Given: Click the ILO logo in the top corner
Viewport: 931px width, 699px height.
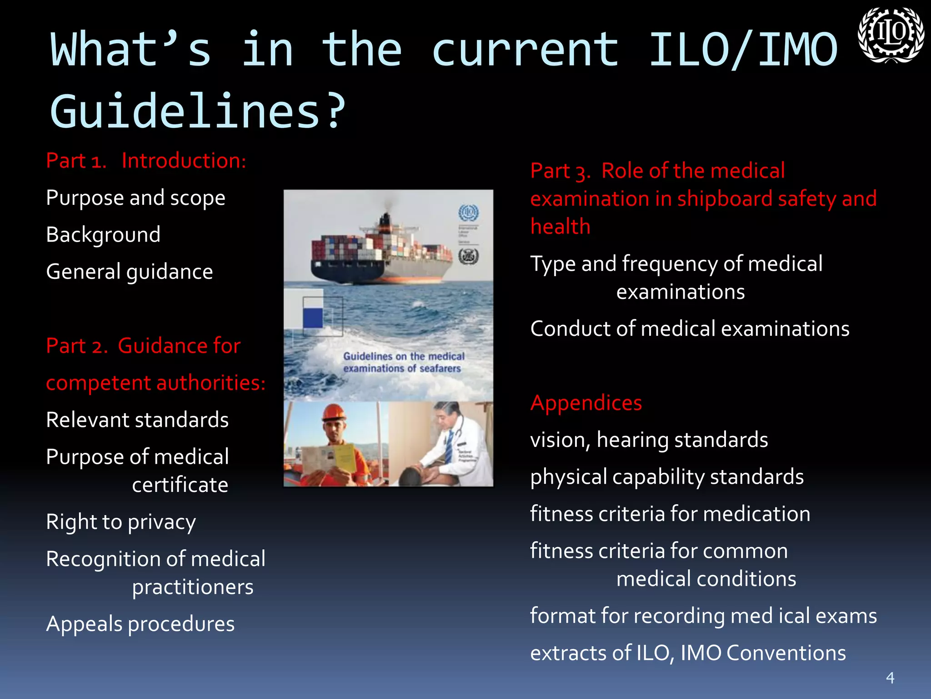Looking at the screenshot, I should (890, 35).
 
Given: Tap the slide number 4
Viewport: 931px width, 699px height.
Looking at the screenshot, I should (890, 678).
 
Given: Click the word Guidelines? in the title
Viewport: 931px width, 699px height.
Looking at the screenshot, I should (198, 111).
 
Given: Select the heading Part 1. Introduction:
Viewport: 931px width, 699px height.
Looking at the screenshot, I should (146, 161).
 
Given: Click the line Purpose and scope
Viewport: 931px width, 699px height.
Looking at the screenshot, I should (135, 198).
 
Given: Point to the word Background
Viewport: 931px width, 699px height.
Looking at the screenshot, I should (103, 235).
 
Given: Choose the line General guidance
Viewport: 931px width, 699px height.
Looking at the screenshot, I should (130, 272).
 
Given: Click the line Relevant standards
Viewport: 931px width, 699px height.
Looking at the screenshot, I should (137, 420).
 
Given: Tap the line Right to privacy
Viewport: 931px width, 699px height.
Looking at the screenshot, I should (121, 522).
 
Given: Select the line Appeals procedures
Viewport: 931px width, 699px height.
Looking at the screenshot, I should (140, 624).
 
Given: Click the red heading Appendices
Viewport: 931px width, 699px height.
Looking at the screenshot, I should (586, 403).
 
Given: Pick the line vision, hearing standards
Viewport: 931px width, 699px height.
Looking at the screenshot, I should (649, 440).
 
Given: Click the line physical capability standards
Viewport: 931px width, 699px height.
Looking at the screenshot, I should (667, 477).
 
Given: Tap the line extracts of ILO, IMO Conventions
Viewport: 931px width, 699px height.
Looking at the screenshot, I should (688, 653).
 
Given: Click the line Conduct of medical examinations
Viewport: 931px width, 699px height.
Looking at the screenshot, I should (690, 329).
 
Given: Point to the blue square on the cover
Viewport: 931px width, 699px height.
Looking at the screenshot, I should (313, 317).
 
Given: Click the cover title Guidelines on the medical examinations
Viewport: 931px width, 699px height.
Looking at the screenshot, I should (403, 362).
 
